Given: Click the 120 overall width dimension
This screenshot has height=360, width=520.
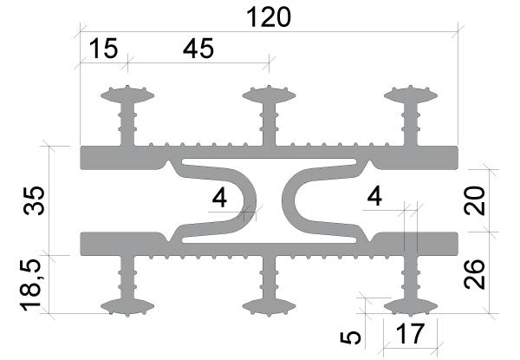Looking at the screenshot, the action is click(269, 17).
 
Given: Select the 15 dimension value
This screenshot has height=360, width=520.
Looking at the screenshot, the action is click(103, 49).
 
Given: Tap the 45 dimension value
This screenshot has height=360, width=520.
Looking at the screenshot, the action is click(198, 49).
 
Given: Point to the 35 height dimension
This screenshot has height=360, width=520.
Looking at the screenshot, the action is click(34, 200).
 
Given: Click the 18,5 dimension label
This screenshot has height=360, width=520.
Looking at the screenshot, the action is click(30, 285).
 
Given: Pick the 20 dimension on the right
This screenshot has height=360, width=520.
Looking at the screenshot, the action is click(475, 200).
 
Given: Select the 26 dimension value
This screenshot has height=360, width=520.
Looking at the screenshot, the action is click(475, 274).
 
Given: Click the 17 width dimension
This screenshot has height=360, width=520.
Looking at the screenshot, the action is click(410, 333).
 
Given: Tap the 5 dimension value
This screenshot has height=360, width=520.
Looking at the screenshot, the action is click(350, 337).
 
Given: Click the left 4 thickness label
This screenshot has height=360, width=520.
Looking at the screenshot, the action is click(219, 198).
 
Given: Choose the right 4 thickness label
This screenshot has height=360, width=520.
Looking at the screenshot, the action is click(374, 196).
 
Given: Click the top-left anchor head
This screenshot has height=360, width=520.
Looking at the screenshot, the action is click(127, 95).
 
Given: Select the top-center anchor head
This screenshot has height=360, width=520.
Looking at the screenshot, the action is click(269, 95).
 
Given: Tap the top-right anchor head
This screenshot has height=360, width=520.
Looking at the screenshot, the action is click(411, 95).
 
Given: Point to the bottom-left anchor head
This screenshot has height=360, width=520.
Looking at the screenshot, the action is click(127, 307).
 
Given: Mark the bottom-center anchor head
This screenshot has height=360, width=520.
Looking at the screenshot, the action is click(269, 307).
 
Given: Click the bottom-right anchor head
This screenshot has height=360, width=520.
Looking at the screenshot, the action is click(411, 307).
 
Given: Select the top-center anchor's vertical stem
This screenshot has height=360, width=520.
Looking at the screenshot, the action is click(269, 124).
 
